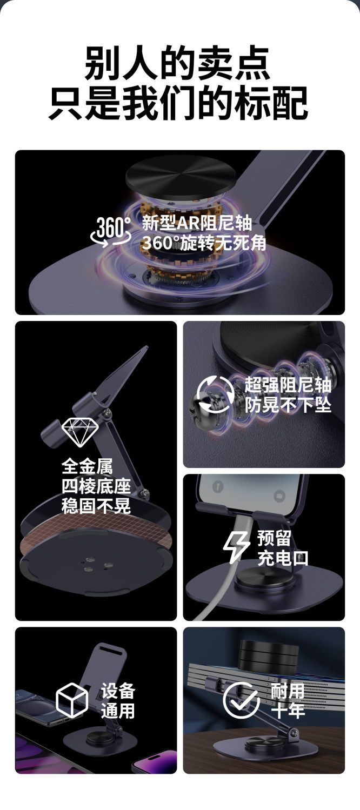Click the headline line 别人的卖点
pyautogui.click(x=178, y=63)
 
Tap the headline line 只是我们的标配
pyautogui.click(x=178, y=103)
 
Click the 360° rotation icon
pyautogui.click(x=111, y=232)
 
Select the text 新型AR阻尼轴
pyautogui.click(x=196, y=223)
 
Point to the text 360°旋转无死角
pyautogui.click(x=204, y=243)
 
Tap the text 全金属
pyautogui.click(x=87, y=466)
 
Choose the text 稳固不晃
pyautogui.click(x=96, y=506)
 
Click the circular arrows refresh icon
pyautogui.click(x=215, y=394)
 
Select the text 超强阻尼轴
pyautogui.click(x=288, y=385)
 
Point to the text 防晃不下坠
pyautogui.click(x=288, y=405)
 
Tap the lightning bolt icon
pyautogui.click(x=236, y=547)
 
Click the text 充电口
pyautogui.click(x=283, y=558)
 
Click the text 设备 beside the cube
pyautogui.click(x=118, y=691)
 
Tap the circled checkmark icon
pyautogui.click(x=241, y=700)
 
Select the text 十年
pyautogui.click(x=288, y=710)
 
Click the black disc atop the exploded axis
pyautogui.click(x=181, y=177)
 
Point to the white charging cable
pyautogui.click(x=226, y=568)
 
